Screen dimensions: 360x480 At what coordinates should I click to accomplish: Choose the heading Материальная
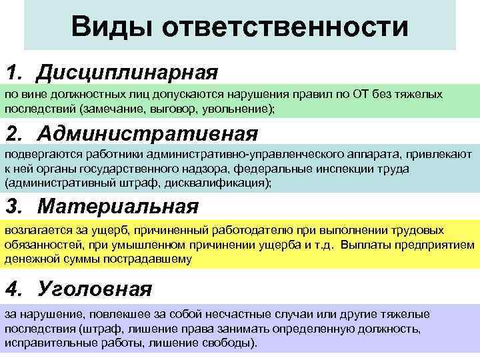(x=118, y=206)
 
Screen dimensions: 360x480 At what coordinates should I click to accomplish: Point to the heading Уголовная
(x=95, y=289)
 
